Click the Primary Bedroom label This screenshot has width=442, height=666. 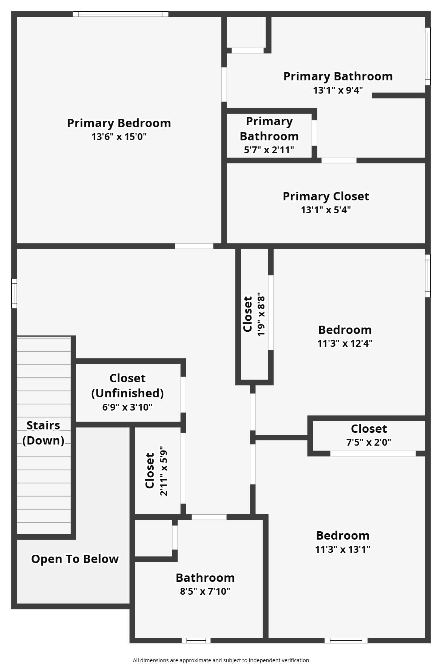click(x=119, y=123)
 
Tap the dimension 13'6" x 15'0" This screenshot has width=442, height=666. click(x=119, y=137)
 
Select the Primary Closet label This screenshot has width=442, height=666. click(x=326, y=196)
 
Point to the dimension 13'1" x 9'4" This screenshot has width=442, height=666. click(x=338, y=90)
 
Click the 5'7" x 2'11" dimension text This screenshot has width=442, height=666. click(x=269, y=150)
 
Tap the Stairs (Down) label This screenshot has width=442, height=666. click(x=43, y=432)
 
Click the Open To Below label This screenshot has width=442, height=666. click(x=75, y=559)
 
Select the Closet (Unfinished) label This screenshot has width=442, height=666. click(x=127, y=385)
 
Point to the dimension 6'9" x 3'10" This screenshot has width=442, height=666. click(x=127, y=407)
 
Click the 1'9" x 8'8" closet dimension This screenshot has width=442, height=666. click(x=261, y=314)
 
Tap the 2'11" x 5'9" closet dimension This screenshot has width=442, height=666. click(x=164, y=471)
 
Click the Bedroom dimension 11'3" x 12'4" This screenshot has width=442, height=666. click(x=345, y=343)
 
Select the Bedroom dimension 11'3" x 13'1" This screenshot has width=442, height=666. click(x=343, y=549)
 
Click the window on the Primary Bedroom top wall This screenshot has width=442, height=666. click(x=121, y=14)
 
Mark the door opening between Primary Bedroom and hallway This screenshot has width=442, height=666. click(x=194, y=246)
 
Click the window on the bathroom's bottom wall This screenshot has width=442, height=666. click(x=196, y=640)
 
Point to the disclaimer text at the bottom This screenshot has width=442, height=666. click(x=221, y=660)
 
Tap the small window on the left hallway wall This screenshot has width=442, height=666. click(x=14, y=293)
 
